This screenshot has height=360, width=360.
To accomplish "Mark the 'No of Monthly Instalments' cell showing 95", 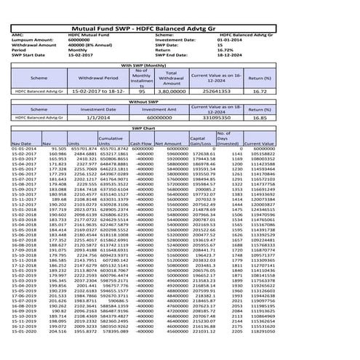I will [142, 92].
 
